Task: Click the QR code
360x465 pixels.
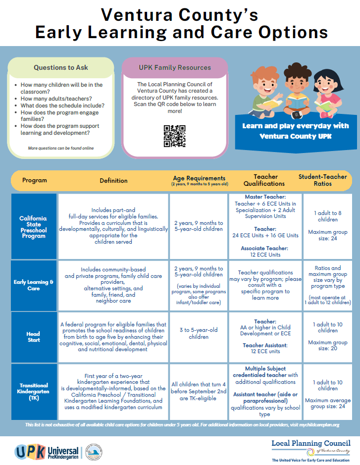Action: (x=174, y=136)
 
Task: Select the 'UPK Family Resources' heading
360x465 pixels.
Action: (x=174, y=67)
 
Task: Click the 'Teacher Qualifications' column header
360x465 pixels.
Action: (x=265, y=180)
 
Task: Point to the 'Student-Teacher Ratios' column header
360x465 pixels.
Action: (x=322, y=180)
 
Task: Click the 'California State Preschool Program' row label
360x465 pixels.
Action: (x=34, y=226)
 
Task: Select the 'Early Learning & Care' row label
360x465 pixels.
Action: (x=34, y=285)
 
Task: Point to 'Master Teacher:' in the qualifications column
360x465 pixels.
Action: (x=265, y=197)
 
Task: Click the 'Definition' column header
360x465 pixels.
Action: (x=113, y=180)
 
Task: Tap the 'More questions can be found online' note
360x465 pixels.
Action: (x=61, y=148)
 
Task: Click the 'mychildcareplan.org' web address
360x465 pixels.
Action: (x=312, y=425)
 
